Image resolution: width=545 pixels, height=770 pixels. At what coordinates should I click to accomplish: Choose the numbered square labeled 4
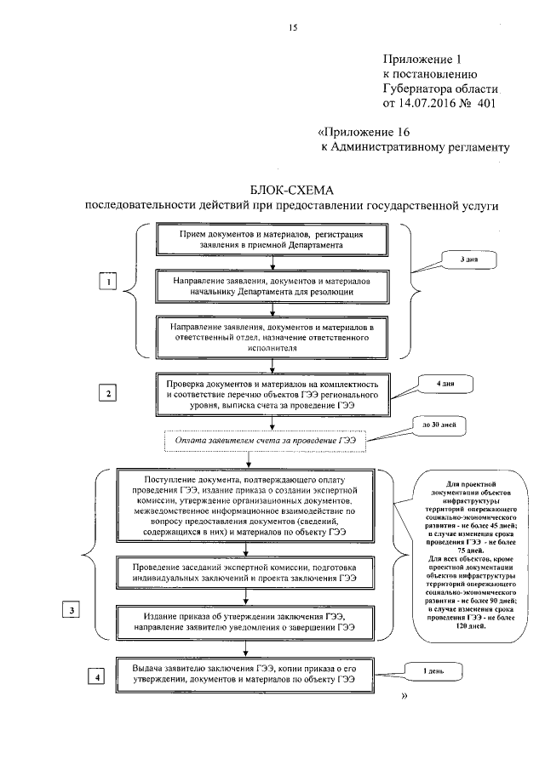pos(99,677)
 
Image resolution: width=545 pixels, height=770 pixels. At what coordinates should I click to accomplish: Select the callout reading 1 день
pos(434,672)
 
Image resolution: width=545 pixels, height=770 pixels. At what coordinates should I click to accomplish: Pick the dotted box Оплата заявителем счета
pos(264,442)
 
